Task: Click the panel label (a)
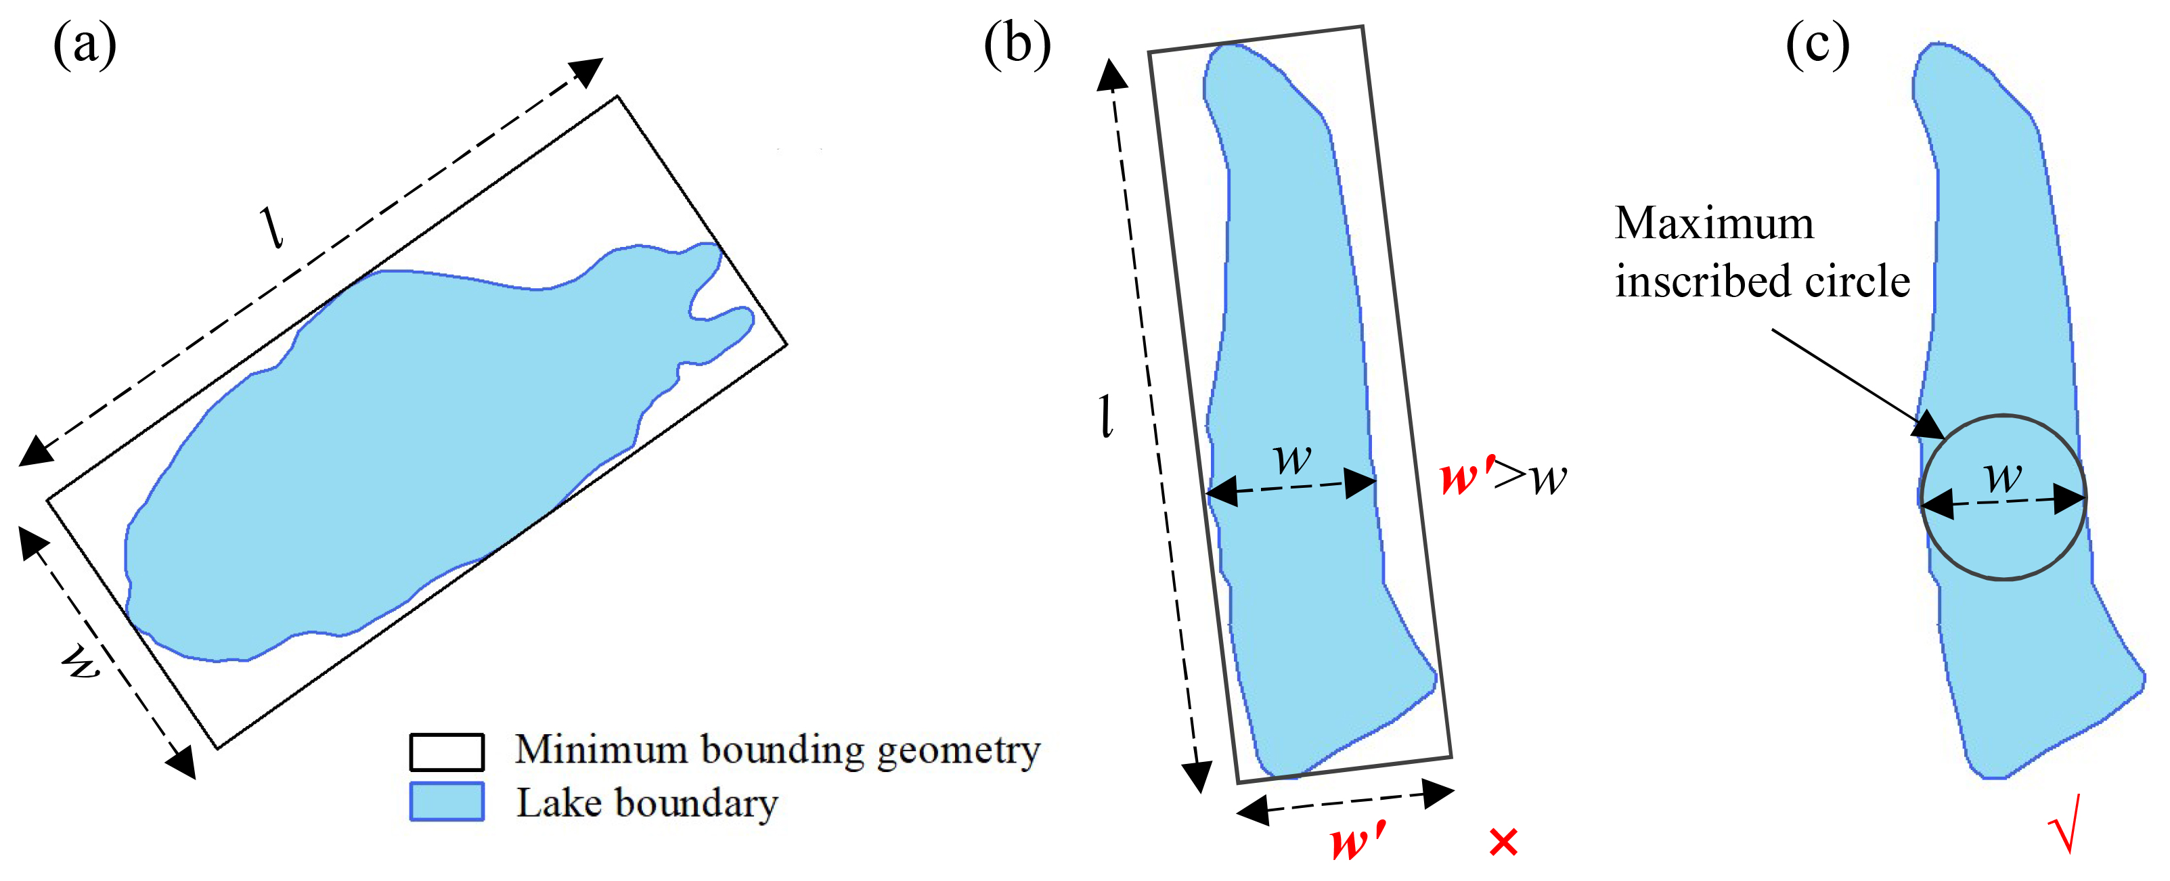[84, 44]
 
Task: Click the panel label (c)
[1817, 44]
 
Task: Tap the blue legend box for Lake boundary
[447, 802]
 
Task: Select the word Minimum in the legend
[600, 749]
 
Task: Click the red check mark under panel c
[2066, 823]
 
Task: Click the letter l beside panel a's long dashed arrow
[273, 227]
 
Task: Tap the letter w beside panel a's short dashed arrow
[82, 663]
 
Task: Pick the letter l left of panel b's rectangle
[1107, 416]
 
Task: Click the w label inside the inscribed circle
[2003, 478]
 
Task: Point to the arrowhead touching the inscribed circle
[1929, 426]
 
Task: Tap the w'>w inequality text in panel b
[1504, 478]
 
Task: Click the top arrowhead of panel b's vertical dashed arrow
[1112, 74]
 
